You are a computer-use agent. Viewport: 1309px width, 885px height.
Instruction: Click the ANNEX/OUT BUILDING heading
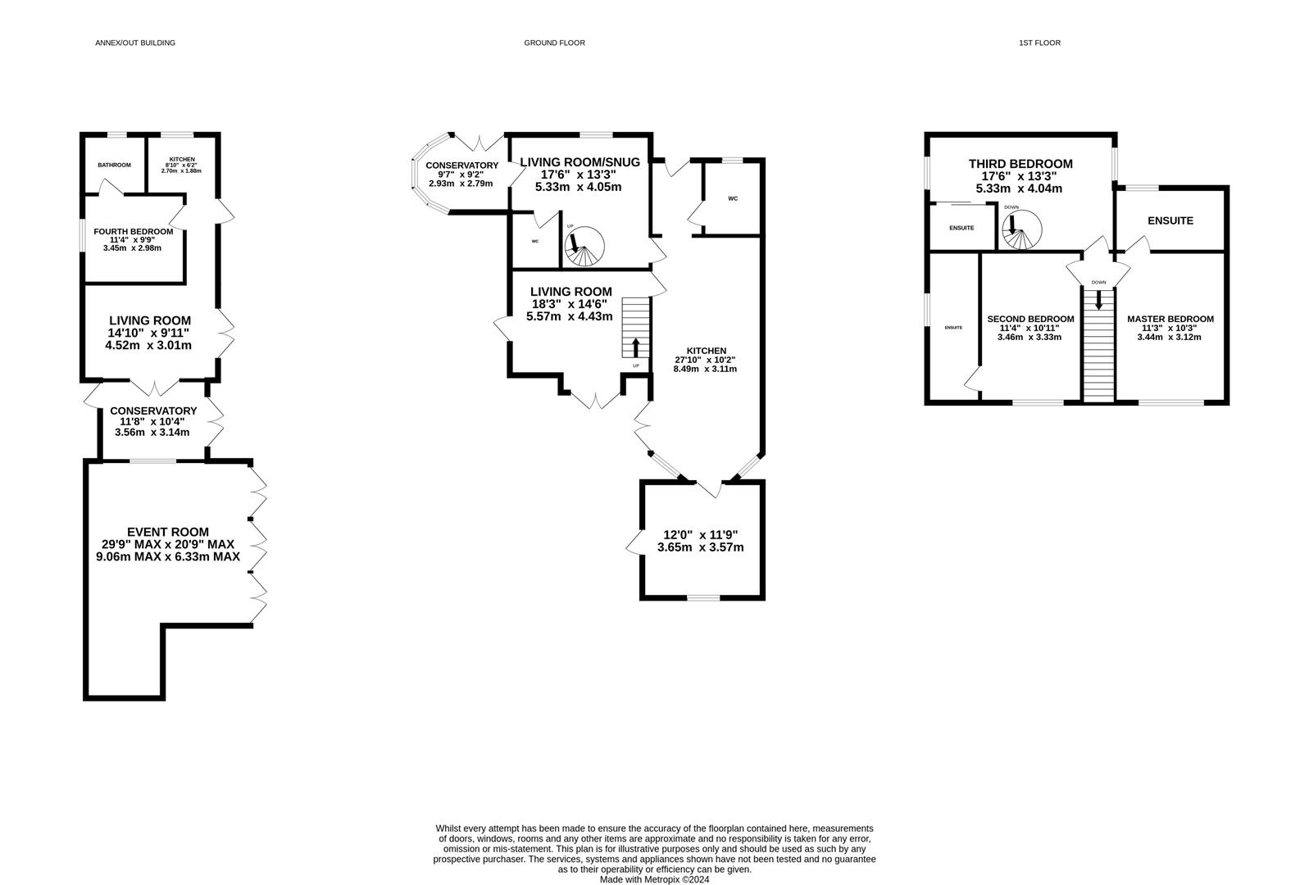tap(135, 43)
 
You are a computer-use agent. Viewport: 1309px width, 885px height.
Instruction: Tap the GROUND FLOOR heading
tap(554, 43)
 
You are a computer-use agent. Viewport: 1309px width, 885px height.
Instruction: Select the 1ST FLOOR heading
tap(1039, 43)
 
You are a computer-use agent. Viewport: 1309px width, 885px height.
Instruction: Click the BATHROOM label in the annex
tap(114, 166)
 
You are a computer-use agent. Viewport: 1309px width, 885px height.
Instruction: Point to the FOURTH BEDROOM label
tap(134, 231)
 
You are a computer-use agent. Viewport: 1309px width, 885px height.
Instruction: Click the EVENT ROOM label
tap(168, 532)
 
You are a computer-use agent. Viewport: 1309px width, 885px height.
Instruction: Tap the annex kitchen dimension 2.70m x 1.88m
tap(182, 171)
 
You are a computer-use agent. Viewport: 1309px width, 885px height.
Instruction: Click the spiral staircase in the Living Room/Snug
tap(584, 247)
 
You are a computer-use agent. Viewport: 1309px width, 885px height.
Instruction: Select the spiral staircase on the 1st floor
tap(1021, 229)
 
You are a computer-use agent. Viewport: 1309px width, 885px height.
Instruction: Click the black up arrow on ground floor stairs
tap(636, 347)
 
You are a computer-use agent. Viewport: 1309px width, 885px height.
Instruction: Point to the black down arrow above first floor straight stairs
tap(1098, 300)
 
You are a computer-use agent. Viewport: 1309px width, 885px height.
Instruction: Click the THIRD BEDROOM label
tap(1020, 164)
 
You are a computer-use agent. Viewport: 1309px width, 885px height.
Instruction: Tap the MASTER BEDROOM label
tap(1170, 319)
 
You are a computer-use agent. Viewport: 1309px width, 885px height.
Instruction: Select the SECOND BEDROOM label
tap(1030, 319)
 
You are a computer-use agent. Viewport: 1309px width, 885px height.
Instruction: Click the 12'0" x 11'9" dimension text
tap(701, 534)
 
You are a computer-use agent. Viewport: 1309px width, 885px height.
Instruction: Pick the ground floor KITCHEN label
tap(707, 351)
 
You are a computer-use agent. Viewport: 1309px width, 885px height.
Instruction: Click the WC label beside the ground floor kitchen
tap(733, 198)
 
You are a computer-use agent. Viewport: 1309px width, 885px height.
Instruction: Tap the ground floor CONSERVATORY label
tap(461, 166)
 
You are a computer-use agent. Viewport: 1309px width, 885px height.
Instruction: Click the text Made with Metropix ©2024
tap(654, 879)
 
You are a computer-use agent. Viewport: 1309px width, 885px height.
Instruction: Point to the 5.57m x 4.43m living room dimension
tap(569, 316)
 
